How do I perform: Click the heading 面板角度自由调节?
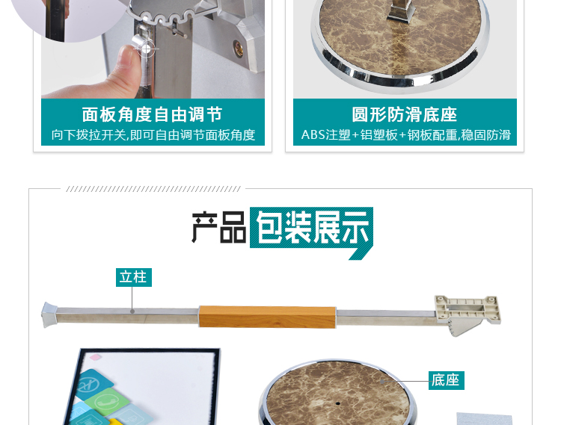(x=152, y=115)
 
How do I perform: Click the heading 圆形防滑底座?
(x=405, y=115)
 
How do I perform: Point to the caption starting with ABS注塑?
(x=405, y=135)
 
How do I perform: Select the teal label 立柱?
(x=134, y=277)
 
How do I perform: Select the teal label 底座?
(x=446, y=380)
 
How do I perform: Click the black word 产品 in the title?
(x=218, y=228)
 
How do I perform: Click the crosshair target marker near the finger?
(x=147, y=49)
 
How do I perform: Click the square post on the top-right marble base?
(x=405, y=9)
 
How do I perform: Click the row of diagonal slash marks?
(x=153, y=189)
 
